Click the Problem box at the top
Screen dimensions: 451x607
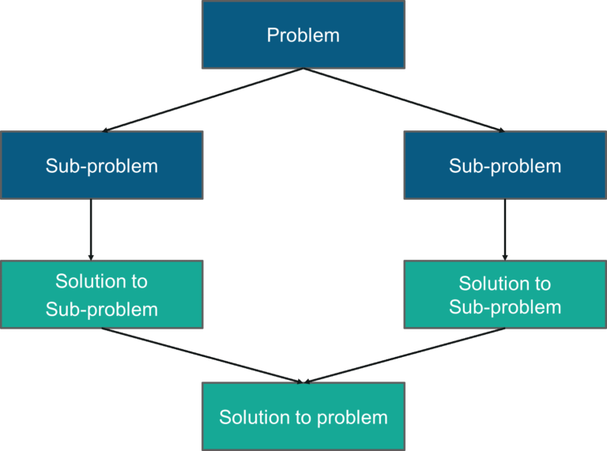pyautogui.click(x=303, y=35)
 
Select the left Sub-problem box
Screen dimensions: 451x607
pyautogui.click(x=102, y=165)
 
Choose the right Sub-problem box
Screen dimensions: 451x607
pyautogui.click(x=505, y=165)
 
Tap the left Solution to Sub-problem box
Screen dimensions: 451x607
pyautogui.click(x=102, y=294)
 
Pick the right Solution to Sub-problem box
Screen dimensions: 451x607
pyautogui.click(x=505, y=294)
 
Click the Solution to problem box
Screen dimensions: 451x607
pyautogui.click(x=303, y=416)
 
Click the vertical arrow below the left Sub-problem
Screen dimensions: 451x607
pyautogui.click(x=91, y=229)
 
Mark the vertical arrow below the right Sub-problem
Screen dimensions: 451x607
pyautogui.click(x=505, y=229)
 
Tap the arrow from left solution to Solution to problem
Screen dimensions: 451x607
pyautogui.click(x=202, y=355)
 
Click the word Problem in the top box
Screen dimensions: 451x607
pyautogui.click(x=303, y=36)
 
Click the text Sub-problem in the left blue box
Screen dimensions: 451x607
pyautogui.click(x=102, y=166)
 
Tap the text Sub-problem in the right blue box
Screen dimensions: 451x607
pyautogui.click(x=505, y=166)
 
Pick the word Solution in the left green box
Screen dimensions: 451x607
pyautogui.click(x=91, y=281)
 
